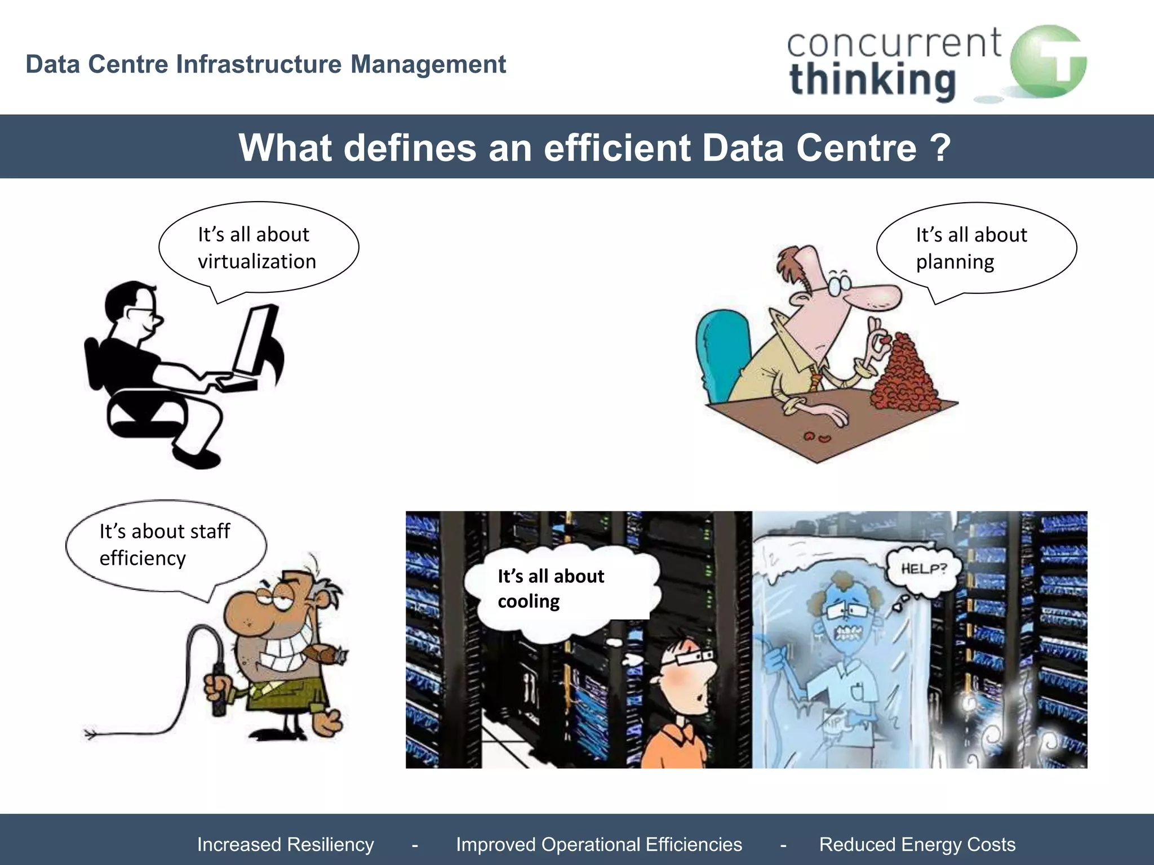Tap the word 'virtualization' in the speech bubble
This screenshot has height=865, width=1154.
pyautogui.click(x=257, y=262)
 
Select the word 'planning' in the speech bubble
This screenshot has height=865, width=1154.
pyautogui.click(x=955, y=262)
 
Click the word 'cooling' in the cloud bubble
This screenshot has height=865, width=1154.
pyautogui.click(x=529, y=601)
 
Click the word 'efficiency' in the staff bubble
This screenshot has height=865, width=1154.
pyautogui.click(x=143, y=558)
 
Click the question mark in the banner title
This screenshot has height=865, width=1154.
pyautogui.click(x=940, y=148)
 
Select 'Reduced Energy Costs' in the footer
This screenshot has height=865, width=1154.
pyautogui.click(x=917, y=845)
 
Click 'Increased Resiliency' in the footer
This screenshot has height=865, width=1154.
pyautogui.click(x=286, y=845)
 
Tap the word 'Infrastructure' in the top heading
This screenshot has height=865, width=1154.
pyautogui.click(x=259, y=64)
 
